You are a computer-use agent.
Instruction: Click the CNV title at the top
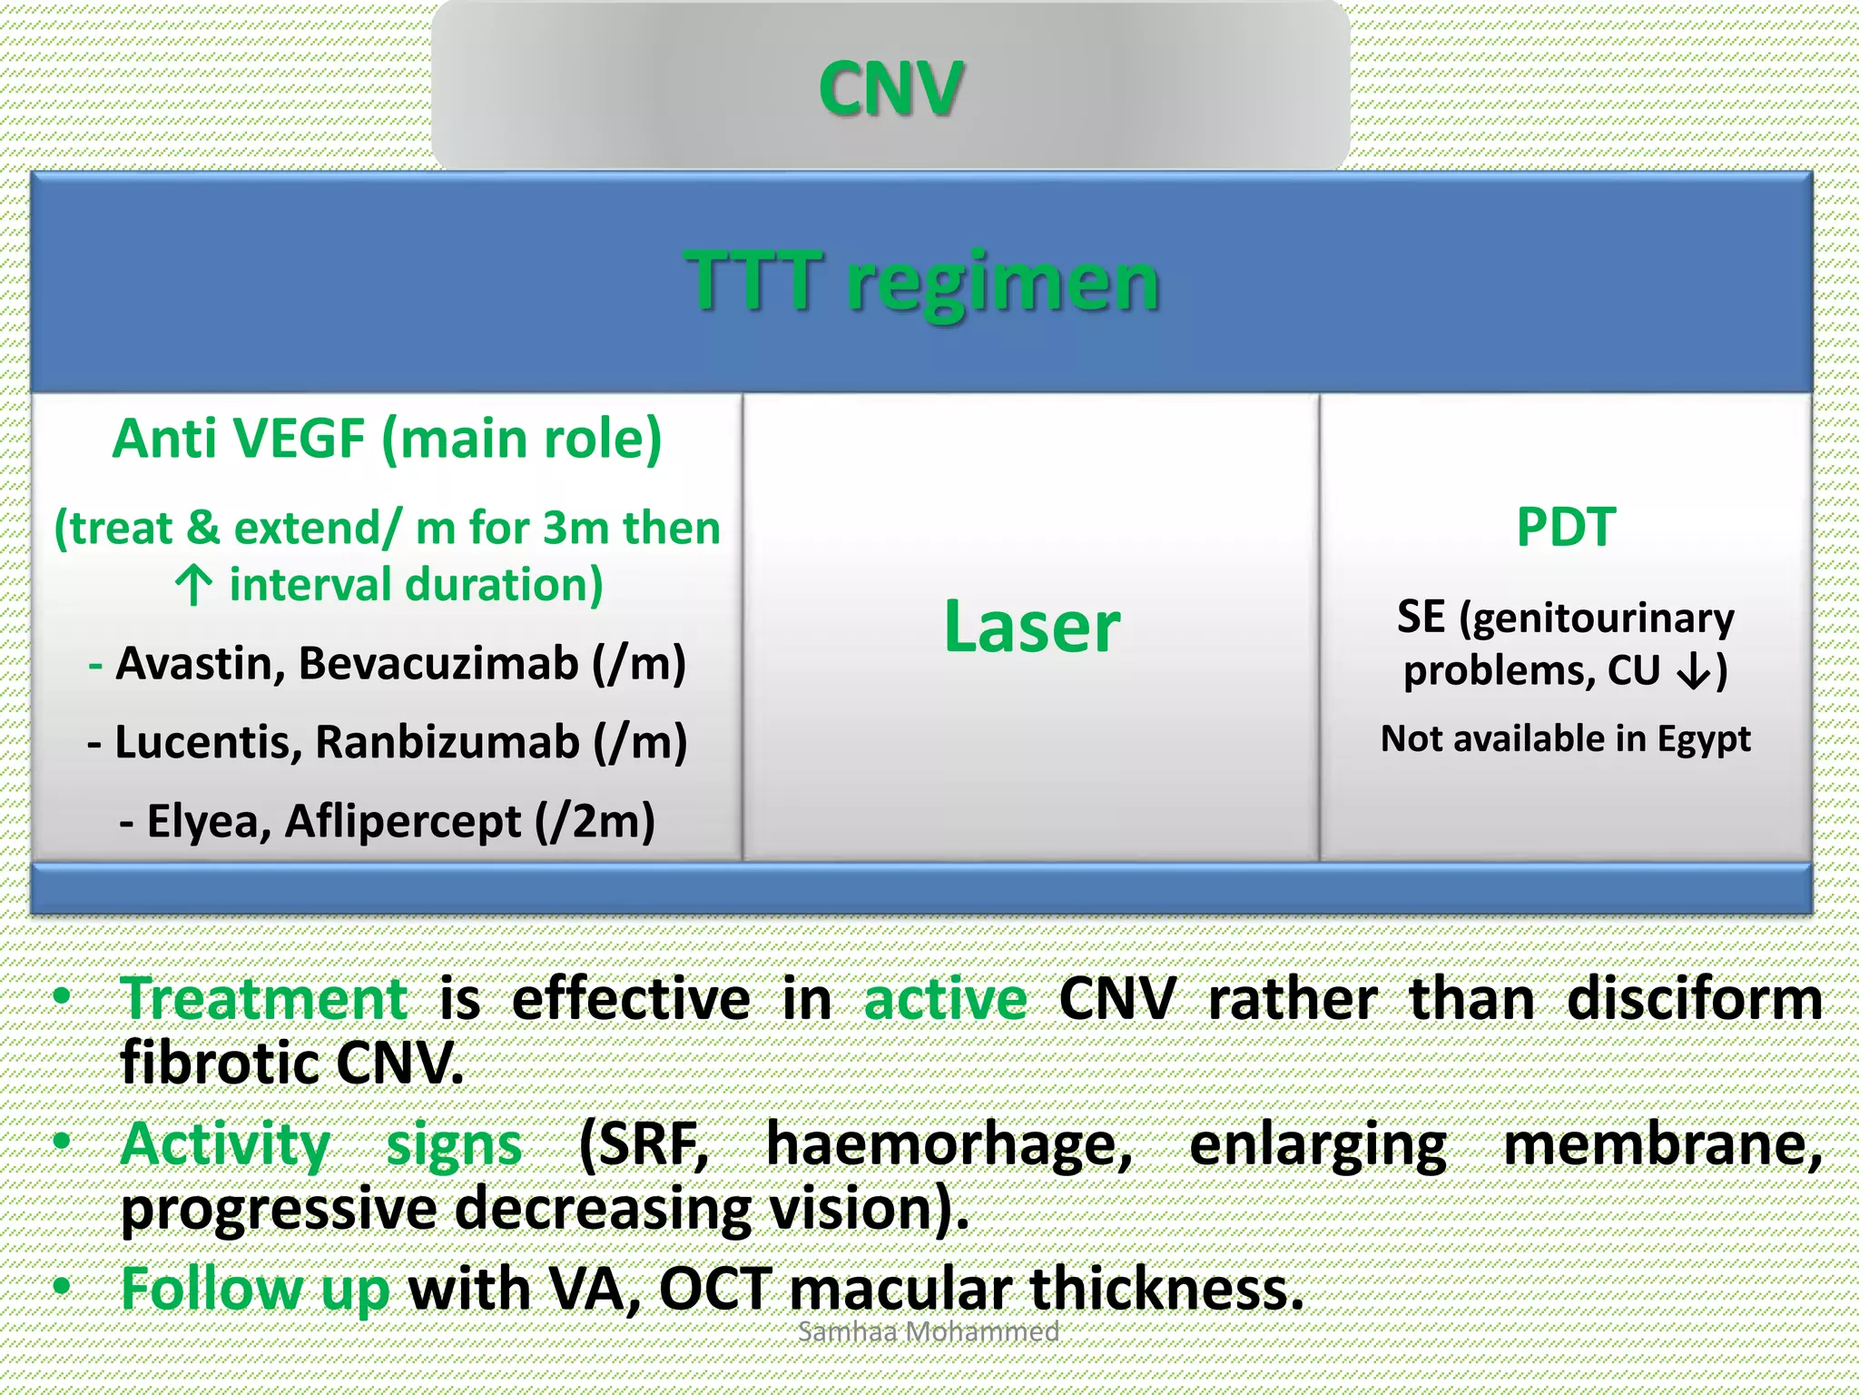pos(890,89)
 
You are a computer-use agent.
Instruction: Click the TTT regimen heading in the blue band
pos(922,281)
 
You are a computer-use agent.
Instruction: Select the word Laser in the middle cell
pos(1032,626)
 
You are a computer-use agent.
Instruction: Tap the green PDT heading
pos(1566,527)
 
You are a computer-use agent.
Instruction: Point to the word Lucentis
pos(208,742)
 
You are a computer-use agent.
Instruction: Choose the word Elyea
pos(208,822)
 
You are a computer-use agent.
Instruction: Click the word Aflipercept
pos(403,822)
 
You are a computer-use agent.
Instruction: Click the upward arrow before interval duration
pos(193,586)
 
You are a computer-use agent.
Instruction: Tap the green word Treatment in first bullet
pos(264,998)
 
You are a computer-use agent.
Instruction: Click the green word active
pos(945,998)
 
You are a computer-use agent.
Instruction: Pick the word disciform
pos(1694,998)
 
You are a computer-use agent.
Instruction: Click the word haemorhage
pos(949,1143)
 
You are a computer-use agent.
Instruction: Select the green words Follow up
pos(255,1289)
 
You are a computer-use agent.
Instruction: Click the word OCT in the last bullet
pos(715,1289)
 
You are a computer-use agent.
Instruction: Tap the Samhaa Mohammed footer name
pos(928,1331)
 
